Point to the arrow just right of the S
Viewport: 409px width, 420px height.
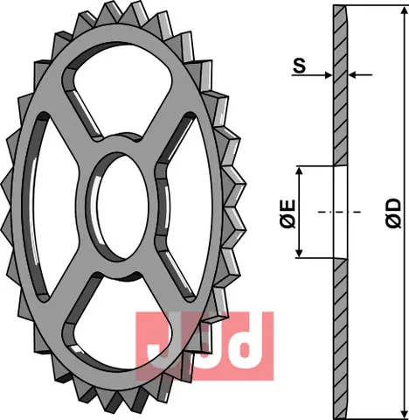326,73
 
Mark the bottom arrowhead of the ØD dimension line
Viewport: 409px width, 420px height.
404,412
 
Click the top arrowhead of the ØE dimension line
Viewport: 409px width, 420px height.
300,170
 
